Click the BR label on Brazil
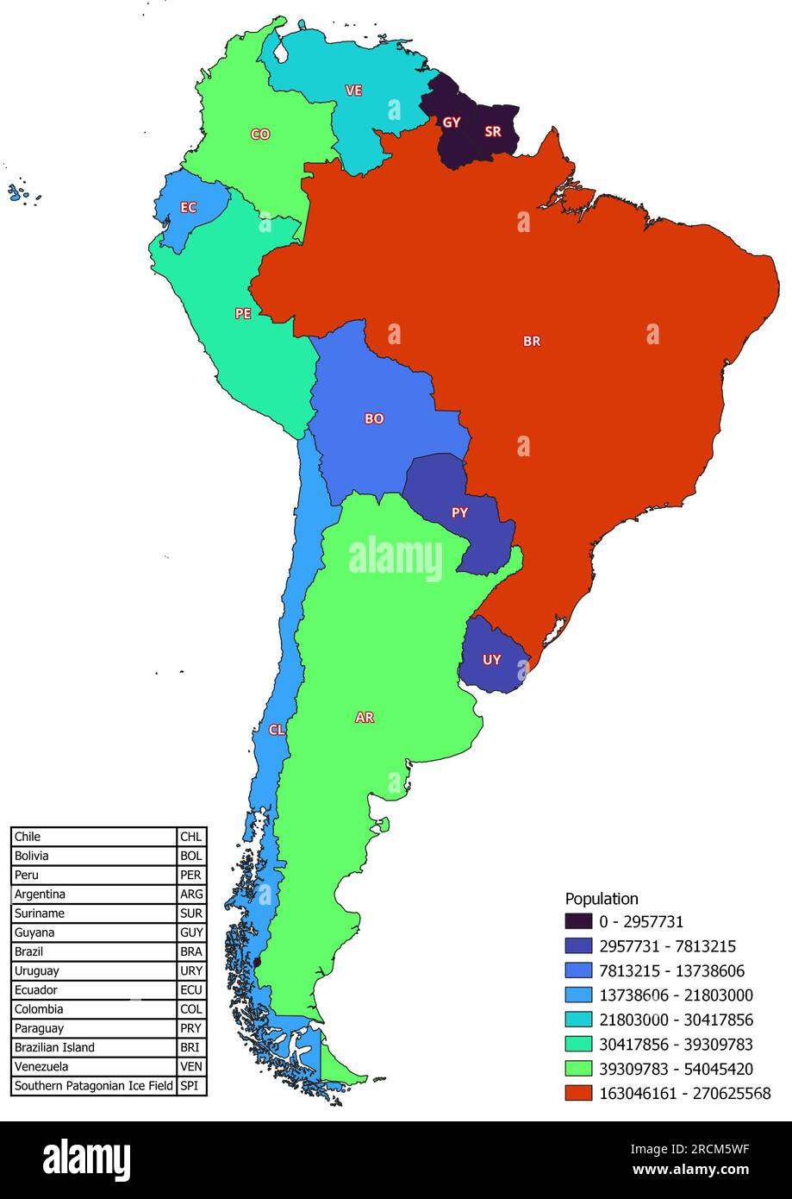click(532, 342)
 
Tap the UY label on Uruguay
click(491, 660)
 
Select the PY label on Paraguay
click(460, 512)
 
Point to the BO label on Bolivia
click(374, 419)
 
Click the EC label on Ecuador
click(188, 208)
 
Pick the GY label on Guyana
click(452, 122)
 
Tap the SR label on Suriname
click(493, 132)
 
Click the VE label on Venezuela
click(353, 91)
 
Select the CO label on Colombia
click(259, 135)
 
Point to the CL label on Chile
click(276, 730)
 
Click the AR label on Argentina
click(365, 718)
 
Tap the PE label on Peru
click(243, 314)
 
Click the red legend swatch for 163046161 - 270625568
click(578, 1093)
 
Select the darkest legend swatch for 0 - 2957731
click(578, 921)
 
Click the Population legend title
click(602, 899)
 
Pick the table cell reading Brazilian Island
click(54, 1047)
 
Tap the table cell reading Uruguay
click(36, 971)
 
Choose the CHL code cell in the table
click(190, 837)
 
